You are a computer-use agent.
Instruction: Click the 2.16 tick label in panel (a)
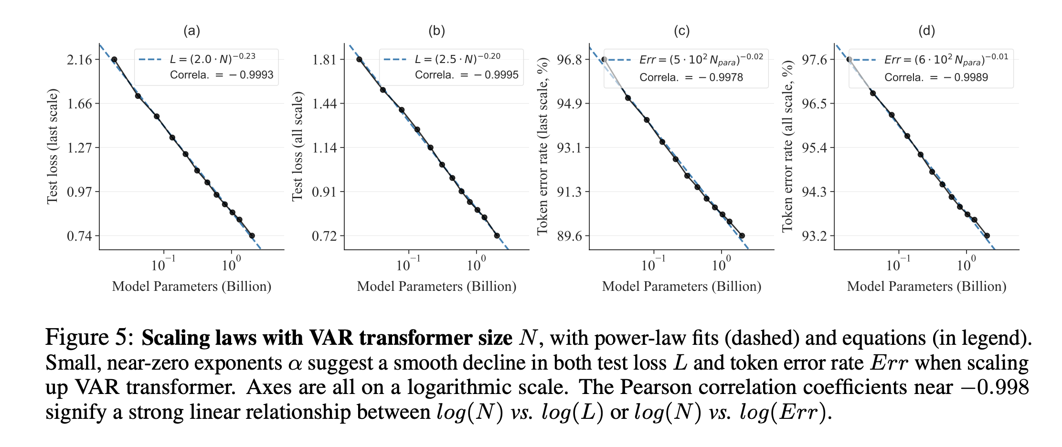pos(79,60)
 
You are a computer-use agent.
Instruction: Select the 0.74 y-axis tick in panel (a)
pos(79,236)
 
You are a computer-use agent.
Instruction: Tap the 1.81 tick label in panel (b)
pos(324,60)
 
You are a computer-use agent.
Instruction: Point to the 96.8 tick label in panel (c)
pos(570,60)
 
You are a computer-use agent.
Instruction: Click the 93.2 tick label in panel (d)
pos(815,236)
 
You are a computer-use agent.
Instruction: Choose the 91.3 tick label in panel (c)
pos(570,192)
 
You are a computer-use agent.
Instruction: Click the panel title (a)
pos(192,31)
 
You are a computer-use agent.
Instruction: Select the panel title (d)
pos(927,31)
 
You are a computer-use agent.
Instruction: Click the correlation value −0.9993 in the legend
pos(252,75)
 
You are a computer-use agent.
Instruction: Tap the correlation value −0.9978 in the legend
pos(721,77)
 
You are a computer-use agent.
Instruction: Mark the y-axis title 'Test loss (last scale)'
pos(52,147)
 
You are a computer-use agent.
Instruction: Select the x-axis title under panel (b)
pos(436,286)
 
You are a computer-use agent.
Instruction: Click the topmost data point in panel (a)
pos(114,59)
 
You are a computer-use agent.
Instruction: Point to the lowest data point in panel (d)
pos(987,235)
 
